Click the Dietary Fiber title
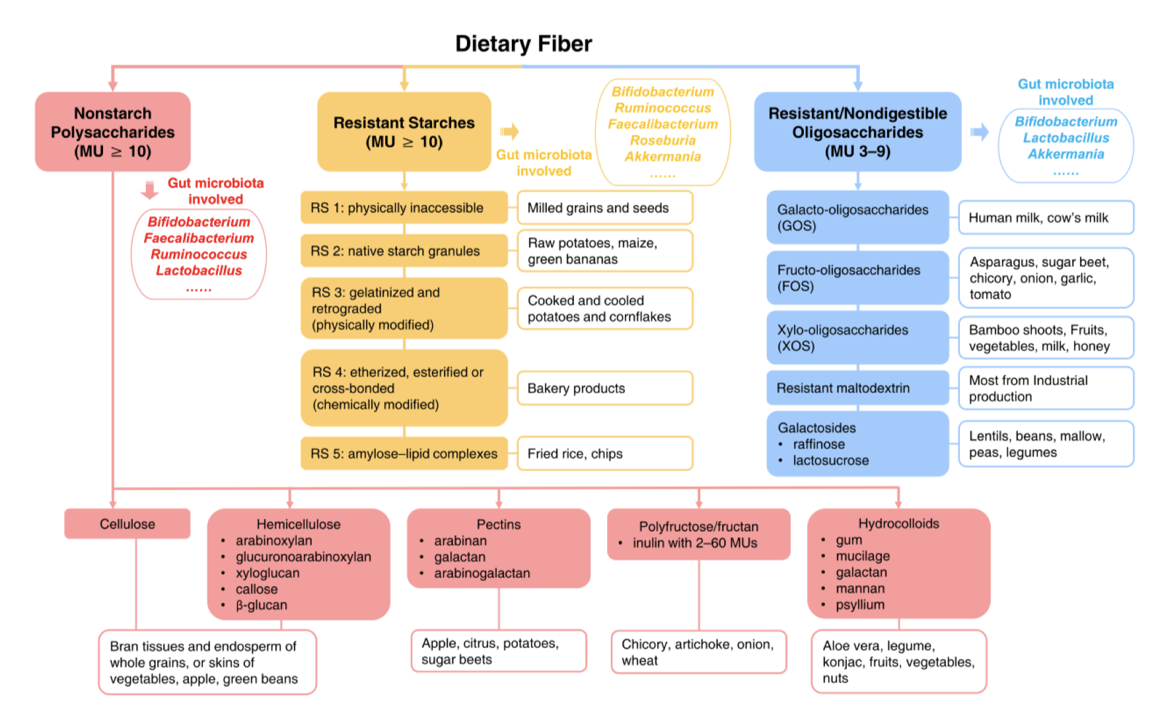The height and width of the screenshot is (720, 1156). tap(523, 44)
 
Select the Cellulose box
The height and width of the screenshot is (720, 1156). tap(127, 524)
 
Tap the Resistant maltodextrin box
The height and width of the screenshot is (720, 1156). tap(857, 388)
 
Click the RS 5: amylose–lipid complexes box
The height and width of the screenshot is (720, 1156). tap(404, 453)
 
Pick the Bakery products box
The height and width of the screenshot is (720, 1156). tap(604, 388)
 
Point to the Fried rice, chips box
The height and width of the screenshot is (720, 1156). tap(604, 453)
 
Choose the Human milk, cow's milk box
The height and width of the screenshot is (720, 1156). tap(1046, 217)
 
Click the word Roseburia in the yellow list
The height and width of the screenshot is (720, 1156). tap(663, 140)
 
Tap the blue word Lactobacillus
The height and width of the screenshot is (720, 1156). tap(1066, 137)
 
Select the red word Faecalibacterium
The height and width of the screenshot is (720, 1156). tap(199, 238)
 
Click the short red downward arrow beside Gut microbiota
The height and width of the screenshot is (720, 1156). tap(150, 190)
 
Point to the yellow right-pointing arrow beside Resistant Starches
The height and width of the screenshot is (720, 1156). tap(509, 131)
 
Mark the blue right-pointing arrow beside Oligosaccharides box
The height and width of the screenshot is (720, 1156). tap(980, 131)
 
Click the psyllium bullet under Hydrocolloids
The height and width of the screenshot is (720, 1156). tap(859, 604)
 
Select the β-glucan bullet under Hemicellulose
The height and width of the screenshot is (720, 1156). tap(261, 605)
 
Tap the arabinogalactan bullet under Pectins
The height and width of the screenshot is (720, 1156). tap(482, 573)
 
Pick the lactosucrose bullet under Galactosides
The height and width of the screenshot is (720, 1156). tap(830, 460)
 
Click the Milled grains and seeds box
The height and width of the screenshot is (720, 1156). tap(604, 208)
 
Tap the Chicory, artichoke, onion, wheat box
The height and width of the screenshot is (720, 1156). tap(698, 652)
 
